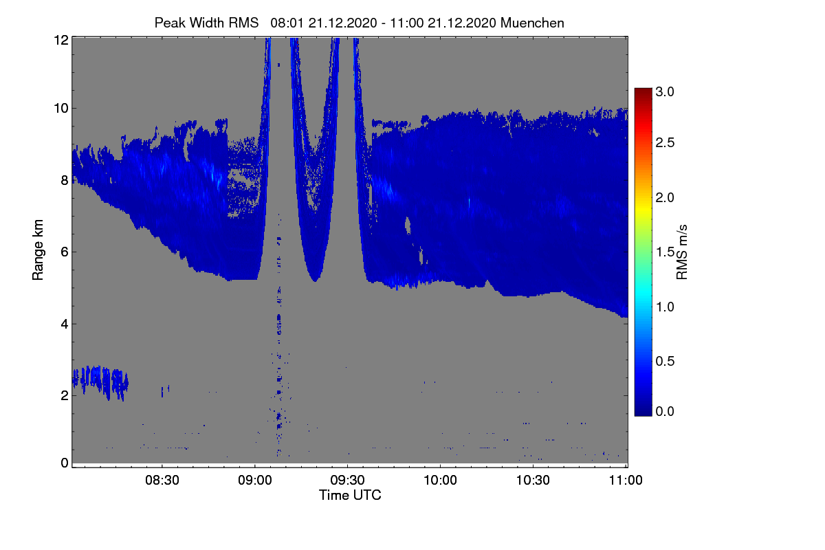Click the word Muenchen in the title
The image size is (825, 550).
pyautogui.click(x=532, y=23)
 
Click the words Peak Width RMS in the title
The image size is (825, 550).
pyautogui.click(x=207, y=23)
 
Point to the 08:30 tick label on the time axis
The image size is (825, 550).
pyautogui.click(x=162, y=480)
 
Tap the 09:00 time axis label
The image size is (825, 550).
pyautogui.click(x=255, y=480)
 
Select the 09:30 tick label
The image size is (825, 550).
pyautogui.click(x=347, y=480)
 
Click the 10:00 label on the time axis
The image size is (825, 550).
pyautogui.click(x=440, y=480)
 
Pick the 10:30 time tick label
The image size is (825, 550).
pyautogui.click(x=533, y=480)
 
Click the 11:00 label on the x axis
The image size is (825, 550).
pyautogui.click(x=626, y=480)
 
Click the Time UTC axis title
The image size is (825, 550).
pyautogui.click(x=350, y=495)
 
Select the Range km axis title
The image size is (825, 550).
pyautogui.click(x=38, y=250)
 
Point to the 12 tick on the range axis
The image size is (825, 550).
pyautogui.click(x=61, y=40)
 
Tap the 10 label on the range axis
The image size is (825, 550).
pyautogui.click(x=61, y=109)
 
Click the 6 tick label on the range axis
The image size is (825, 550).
pyautogui.click(x=65, y=252)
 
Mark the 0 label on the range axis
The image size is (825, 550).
pyautogui.click(x=65, y=463)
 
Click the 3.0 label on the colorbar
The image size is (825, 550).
pyautogui.click(x=665, y=91)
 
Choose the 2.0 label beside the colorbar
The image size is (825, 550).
pyautogui.click(x=665, y=197)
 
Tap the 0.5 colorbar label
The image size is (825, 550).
pyautogui.click(x=665, y=361)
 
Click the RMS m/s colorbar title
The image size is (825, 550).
pyautogui.click(x=682, y=252)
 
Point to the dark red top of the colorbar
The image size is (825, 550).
pyautogui.click(x=643, y=91)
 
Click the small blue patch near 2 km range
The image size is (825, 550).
pyautogui.click(x=100, y=382)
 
